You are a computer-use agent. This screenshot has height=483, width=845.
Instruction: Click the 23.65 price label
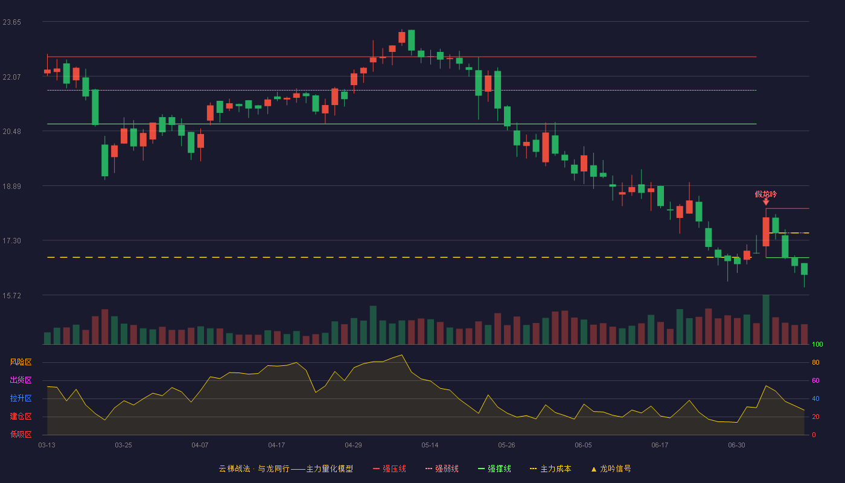[11, 22]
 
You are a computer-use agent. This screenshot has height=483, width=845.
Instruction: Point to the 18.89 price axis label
[11, 187]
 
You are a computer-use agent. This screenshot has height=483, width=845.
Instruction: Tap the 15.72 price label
[11, 295]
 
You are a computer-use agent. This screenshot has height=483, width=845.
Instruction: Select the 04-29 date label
[353, 446]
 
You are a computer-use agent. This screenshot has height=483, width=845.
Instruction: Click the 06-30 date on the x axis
[736, 446]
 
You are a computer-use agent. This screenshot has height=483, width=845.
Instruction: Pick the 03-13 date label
[47, 446]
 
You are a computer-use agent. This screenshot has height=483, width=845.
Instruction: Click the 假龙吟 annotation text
[766, 194]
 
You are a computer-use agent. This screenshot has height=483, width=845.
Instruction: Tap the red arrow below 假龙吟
[766, 202]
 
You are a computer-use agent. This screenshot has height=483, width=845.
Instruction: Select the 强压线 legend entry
[389, 469]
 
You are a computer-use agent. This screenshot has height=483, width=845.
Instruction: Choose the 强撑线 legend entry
[494, 469]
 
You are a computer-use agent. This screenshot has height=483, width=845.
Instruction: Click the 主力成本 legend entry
[550, 469]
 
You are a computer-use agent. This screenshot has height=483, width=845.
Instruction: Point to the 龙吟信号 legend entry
[611, 469]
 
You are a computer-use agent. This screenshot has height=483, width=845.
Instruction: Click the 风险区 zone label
[21, 362]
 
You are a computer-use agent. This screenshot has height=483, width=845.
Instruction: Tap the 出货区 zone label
[21, 380]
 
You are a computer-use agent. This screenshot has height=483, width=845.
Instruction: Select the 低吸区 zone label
[21, 434]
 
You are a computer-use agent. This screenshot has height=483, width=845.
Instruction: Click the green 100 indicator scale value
[817, 344]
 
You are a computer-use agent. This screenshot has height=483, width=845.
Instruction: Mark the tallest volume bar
[766, 319]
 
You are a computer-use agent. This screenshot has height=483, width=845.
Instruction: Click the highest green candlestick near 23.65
[411, 40]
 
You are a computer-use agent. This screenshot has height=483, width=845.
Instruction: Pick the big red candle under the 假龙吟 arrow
[766, 232]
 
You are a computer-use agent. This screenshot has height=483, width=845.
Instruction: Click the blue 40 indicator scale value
[815, 398]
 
